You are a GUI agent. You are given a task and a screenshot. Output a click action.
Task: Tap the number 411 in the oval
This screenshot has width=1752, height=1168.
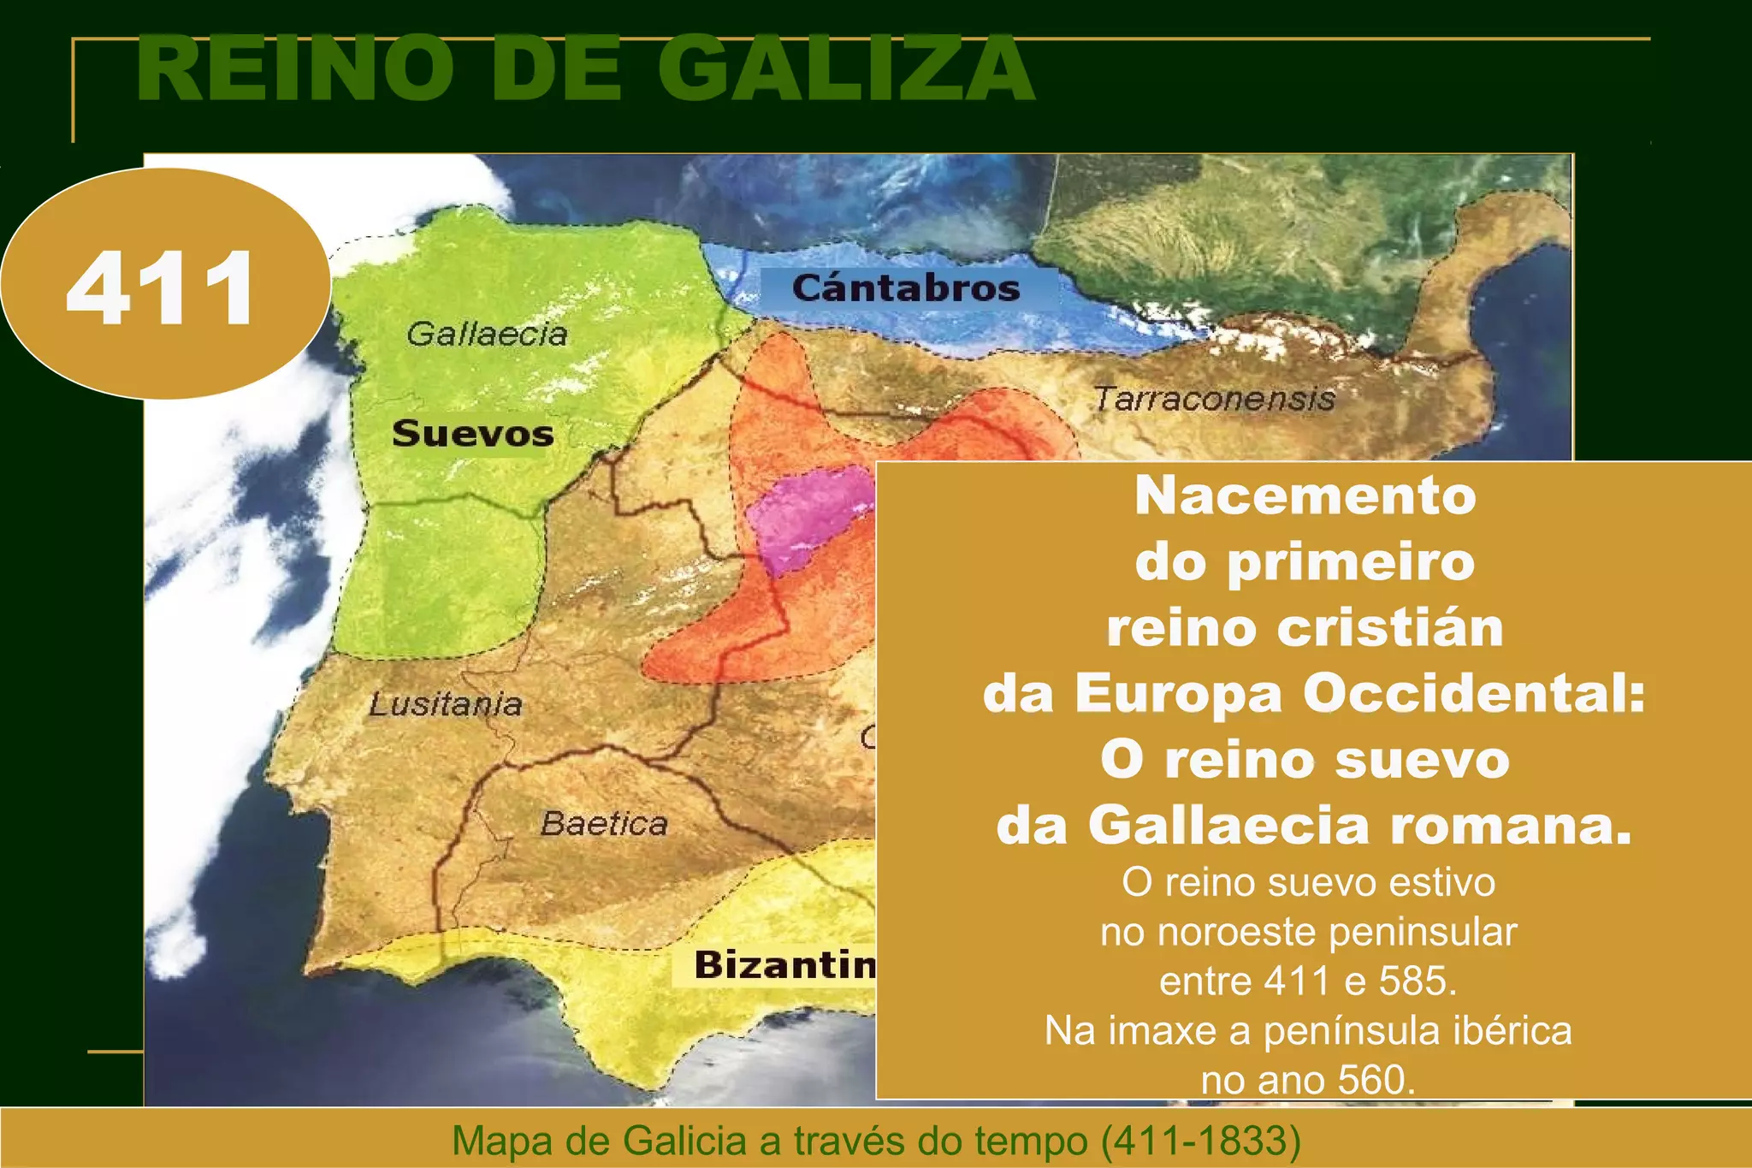(161, 289)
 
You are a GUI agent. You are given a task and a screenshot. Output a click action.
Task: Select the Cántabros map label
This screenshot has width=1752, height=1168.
(906, 288)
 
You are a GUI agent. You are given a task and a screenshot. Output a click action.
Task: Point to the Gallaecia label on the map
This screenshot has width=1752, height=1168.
(487, 334)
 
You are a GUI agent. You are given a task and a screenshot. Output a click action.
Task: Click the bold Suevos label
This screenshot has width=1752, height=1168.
(473, 434)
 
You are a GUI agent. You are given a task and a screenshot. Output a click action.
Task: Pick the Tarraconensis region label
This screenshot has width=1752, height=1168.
(1214, 399)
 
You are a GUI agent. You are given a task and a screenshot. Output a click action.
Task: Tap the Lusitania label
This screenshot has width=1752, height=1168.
(446, 704)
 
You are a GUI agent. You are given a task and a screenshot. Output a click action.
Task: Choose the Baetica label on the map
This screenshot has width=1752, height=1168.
(604, 823)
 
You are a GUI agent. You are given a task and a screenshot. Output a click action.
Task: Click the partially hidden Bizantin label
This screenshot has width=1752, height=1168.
(784, 964)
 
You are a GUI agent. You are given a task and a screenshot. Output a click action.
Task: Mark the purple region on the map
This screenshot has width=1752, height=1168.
(804, 518)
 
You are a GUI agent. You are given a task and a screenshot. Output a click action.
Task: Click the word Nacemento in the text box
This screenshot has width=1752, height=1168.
(1305, 495)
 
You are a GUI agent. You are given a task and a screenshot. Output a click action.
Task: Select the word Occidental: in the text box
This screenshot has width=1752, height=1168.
(1474, 693)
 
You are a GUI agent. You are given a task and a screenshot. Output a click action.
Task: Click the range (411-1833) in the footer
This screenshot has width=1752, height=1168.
(1200, 1140)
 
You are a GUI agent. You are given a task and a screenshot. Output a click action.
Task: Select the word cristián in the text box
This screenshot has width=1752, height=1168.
(1390, 627)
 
